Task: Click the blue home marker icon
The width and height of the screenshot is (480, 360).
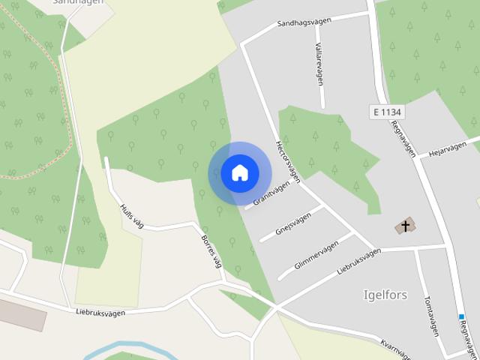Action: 240,172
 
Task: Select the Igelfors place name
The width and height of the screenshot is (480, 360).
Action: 385,295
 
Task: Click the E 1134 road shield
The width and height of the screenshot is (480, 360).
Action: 387,112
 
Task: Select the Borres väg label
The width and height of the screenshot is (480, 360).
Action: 212,251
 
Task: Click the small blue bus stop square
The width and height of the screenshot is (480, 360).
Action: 461,317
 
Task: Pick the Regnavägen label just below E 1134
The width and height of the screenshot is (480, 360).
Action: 403,139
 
